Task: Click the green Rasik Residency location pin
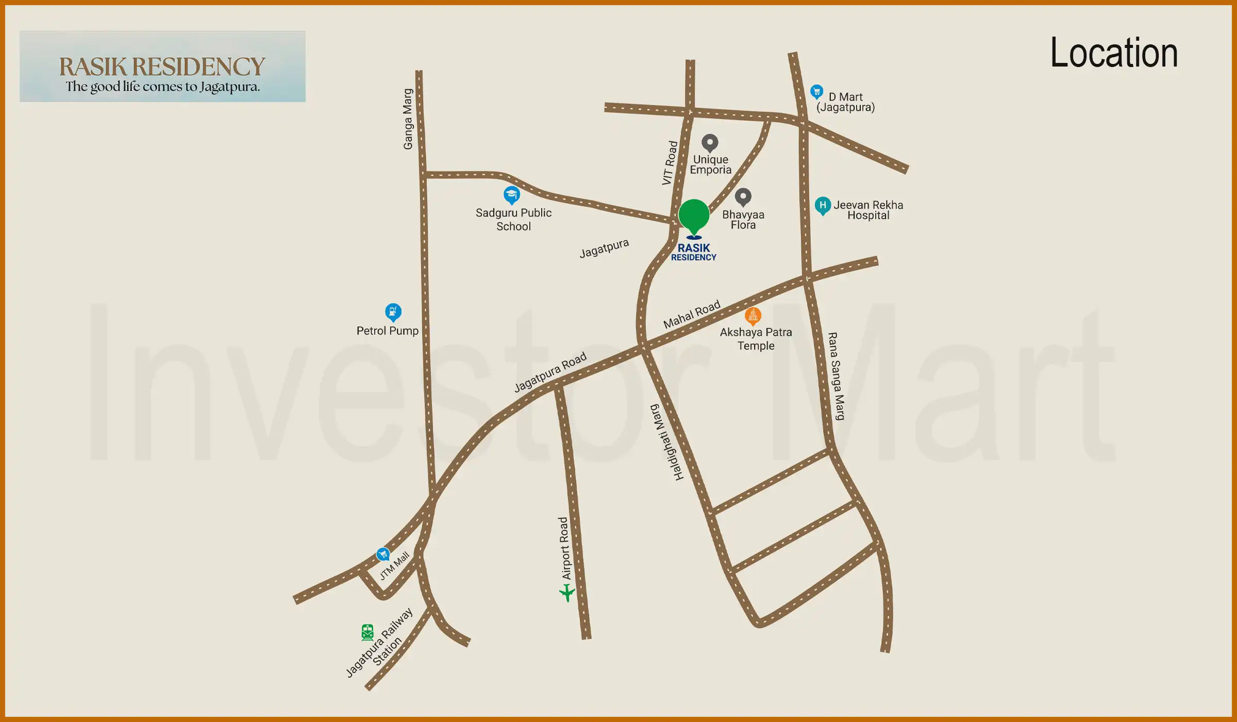tap(694, 216)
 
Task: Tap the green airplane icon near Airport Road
tap(567, 593)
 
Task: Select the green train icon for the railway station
tap(367, 632)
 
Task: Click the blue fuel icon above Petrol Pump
tap(393, 311)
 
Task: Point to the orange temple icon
tap(753, 315)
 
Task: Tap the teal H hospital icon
tap(823, 205)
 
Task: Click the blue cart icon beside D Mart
tap(816, 92)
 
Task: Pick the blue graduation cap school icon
tap(511, 194)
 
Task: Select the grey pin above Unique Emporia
tap(710, 142)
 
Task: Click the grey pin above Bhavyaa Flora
tap(743, 196)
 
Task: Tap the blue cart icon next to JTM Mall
tap(383, 554)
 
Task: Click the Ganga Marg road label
tap(408, 119)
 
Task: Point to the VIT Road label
tap(670, 162)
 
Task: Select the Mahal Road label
tap(691, 314)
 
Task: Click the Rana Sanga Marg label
tap(836, 376)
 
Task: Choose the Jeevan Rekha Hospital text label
tap(868, 210)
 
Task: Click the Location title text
tap(1114, 53)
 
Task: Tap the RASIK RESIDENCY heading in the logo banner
tap(162, 67)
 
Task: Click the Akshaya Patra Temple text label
tap(756, 339)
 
